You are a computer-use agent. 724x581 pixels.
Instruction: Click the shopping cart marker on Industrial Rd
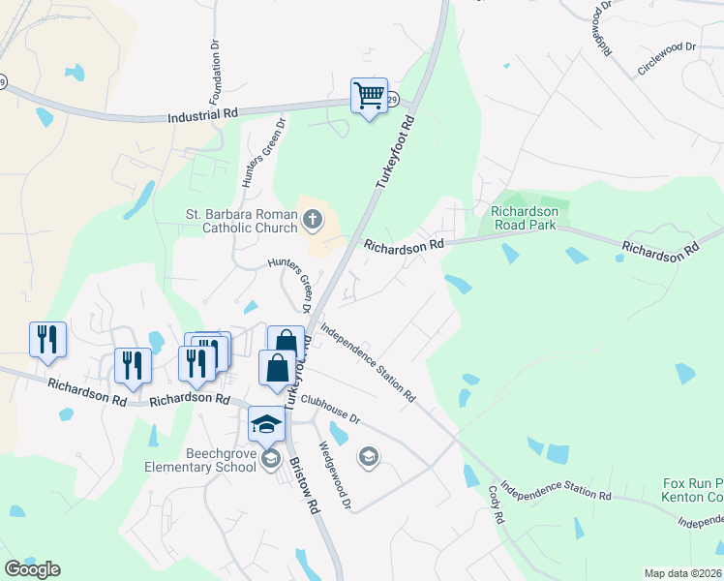[369, 96]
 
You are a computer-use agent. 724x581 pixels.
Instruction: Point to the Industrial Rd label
[202, 114]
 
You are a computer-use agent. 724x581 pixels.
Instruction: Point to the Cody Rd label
[496, 505]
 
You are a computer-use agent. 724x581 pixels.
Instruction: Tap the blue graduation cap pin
[267, 422]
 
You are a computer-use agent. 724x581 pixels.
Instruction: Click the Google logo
[32, 569]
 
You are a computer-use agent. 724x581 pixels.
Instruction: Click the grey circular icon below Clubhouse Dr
[368, 456]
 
